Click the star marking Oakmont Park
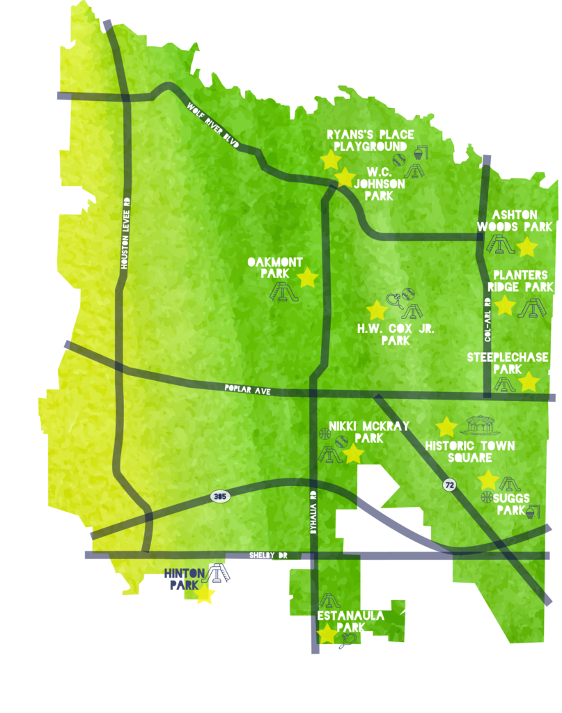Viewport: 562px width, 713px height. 307,278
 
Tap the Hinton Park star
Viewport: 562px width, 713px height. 204,595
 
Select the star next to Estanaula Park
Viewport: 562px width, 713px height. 327,634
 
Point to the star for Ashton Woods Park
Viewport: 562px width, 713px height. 526,246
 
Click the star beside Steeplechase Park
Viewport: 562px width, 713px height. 529,382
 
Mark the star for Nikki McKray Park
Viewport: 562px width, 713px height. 353,454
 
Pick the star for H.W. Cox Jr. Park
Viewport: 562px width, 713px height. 377,311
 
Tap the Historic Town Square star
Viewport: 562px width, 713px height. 446,427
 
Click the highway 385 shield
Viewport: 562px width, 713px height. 219,496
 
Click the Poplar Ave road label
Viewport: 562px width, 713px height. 247,391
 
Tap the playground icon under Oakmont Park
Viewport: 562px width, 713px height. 284,291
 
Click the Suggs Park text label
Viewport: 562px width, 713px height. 513,504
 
